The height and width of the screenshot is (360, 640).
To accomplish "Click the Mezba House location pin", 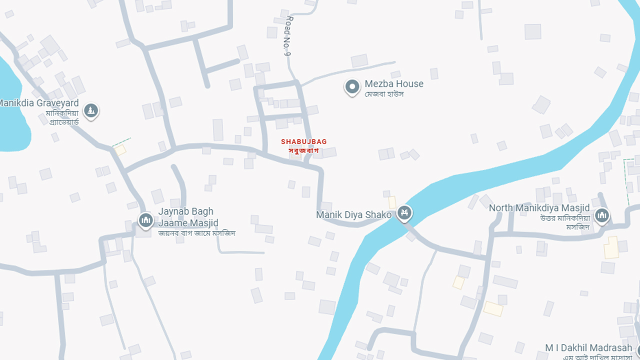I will coord(352,87).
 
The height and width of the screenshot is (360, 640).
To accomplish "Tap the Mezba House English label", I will coord(394,83).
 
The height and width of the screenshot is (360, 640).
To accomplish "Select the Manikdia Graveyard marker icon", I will coord(90,110).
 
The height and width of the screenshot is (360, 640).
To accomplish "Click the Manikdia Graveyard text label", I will coord(39,103).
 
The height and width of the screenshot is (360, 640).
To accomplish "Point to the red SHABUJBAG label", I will coord(304,141).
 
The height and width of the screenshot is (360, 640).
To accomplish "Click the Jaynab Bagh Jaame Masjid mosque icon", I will coord(145,219).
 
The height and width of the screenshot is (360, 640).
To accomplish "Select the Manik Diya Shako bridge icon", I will coord(404,213).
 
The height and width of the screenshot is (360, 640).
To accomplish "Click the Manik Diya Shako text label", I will coord(353,215).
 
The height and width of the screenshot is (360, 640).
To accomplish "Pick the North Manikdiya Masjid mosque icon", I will coord(602,215).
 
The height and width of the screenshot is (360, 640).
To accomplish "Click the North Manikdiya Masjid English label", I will coord(539,208).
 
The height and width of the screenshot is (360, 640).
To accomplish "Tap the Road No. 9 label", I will coord(287,36).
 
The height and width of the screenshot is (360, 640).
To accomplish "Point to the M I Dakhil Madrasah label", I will coord(588,348).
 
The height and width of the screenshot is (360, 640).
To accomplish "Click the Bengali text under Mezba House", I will coord(384,94).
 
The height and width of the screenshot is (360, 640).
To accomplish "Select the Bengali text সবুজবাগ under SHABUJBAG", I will coord(303,150).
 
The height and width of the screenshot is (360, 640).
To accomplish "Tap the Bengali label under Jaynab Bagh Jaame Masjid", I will coord(196,233).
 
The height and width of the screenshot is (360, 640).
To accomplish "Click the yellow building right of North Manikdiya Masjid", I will coord(611,247).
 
